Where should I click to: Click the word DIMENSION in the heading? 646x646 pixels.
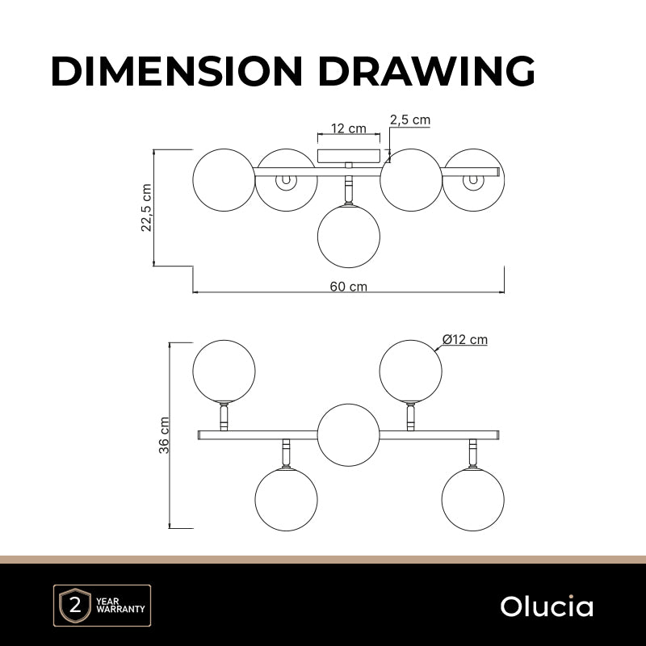[x=176, y=71]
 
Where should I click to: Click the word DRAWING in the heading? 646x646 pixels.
[x=426, y=71]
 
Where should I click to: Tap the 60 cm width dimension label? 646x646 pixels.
[x=349, y=286]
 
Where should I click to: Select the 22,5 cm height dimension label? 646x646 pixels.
[x=147, y=208]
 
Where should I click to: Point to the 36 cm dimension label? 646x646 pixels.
[x=164, y=435]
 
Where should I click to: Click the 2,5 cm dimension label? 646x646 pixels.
[x=410, y=120]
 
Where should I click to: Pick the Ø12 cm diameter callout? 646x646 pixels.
[x=465, y=339]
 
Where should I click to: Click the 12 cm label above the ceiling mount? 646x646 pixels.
[x=349, y=128]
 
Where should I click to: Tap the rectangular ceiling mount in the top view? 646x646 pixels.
[x=349, y=156]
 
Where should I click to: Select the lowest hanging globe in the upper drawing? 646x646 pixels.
[x=349, y=236]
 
